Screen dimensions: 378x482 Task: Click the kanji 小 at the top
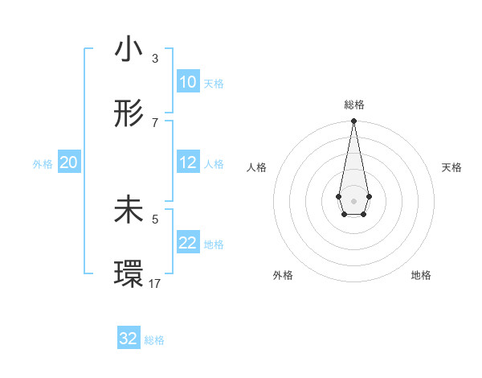(129, 50)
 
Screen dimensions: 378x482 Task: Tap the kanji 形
(129, 114)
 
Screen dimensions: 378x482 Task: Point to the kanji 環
(129, 273)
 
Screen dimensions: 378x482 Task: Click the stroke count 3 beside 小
(154, 59)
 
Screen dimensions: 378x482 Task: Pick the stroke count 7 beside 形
(154, 122)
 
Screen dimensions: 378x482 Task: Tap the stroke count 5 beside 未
(154, 218)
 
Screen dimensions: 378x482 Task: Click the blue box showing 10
(187, 82)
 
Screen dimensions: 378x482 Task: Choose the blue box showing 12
(187, 162)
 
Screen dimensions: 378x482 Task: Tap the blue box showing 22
(187, 243)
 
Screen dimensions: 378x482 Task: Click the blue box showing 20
(68, 162)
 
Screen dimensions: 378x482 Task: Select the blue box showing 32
(129, 339)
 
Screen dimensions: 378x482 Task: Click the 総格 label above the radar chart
(353, 105)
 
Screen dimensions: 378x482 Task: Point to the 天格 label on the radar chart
(452, 167)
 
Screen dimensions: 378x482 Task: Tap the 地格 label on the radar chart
(421, 275)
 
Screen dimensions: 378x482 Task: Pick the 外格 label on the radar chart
(283, 275)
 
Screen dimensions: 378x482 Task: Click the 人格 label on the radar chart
(256, 167)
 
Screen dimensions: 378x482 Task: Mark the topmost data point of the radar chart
(353, 121)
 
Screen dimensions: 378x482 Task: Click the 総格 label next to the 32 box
(154, 340)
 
